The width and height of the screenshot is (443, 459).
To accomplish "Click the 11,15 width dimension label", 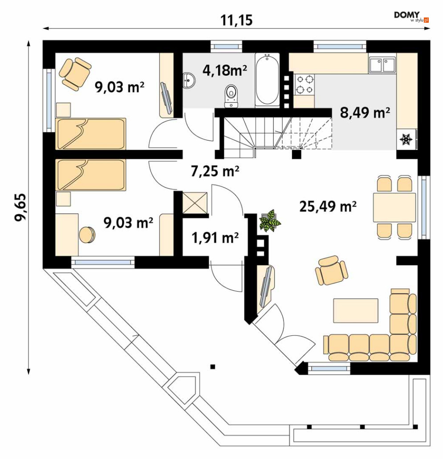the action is pos(236,20).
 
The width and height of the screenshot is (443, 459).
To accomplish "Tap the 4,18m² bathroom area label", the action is pos(224,70).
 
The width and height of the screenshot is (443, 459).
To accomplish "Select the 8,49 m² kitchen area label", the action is pos(365,112).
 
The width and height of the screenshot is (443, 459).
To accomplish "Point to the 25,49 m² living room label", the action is pos(328,207).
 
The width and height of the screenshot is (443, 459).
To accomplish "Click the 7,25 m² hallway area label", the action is pos(215,171).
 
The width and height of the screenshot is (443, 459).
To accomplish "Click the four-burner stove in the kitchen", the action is pos(304,84).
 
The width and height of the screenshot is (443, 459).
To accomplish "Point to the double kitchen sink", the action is pos(382,65).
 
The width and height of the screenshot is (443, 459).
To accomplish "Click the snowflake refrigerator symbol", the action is pos(406,140).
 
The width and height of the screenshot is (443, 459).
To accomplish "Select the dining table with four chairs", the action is pos(394,207).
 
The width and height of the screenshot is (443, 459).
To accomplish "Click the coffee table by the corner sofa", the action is pos(355,311).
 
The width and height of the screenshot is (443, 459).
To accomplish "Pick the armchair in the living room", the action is pos(331,270).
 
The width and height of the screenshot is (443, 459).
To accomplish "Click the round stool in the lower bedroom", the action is pos(87,235).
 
